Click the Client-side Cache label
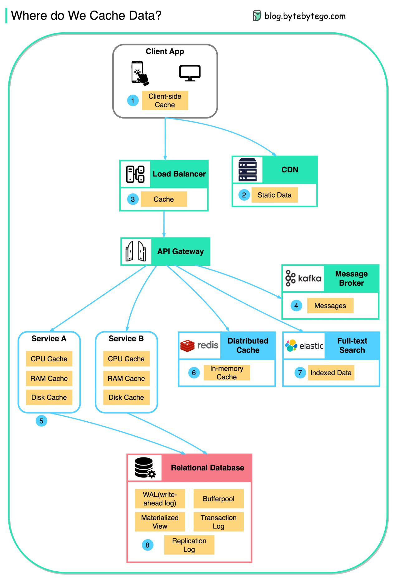pyautogui.click(x=165, y=101)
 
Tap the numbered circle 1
pyautogui.click(x=133, y=101)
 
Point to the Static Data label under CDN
pyautogui.click(x=274, y=195)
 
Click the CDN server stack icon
pyautogui.click(x=248, y=170)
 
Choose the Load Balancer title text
pyautogui.click(x=179, y=174)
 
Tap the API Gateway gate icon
pyautogui.click(x=136, y=251)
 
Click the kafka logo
pyautogui.click(x=303, y=278)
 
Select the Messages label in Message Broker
pyautogui.click(x=330, y=306)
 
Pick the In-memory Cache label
pyautogui.click(x=227, y=373)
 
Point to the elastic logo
pyautogui.click(x=304, y=346)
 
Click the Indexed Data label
pyautogui.click(x=331, y=373)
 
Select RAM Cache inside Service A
pyautogui.click(x=49, y=378)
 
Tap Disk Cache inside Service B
pyautogui.click(x=126, y=397)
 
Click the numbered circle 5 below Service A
pyautogui.click(x=41, y=421)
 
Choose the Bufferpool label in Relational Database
pyautogui.click(x=219, y=499)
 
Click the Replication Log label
pyautogui.click(x=189, y=545)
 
